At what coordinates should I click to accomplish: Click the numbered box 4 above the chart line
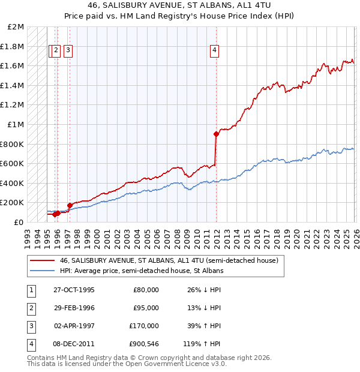(x=214, y=51)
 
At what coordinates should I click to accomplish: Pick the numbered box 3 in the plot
(x=68, y=51)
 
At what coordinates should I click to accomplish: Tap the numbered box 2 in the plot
(x=56, y=51)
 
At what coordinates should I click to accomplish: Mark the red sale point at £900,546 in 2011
(x=215, y=134)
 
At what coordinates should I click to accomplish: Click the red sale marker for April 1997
(x=70, y=205)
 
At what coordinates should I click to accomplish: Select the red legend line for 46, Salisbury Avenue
(x=42, y=261)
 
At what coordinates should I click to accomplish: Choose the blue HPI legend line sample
(x=42, y=271)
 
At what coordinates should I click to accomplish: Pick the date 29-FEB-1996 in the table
(x=74, y=308)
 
